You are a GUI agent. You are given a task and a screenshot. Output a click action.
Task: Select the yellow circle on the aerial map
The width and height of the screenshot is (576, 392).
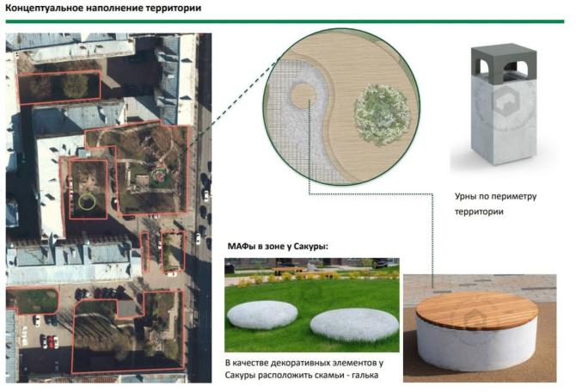(85, 202)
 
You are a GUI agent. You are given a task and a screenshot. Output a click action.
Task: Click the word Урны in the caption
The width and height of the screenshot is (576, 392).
(467, 196)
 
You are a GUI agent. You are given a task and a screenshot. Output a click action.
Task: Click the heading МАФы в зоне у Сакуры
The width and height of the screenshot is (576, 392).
(277, 248)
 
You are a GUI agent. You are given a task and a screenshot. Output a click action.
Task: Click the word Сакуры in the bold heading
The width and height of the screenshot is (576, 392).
(310, 248)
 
